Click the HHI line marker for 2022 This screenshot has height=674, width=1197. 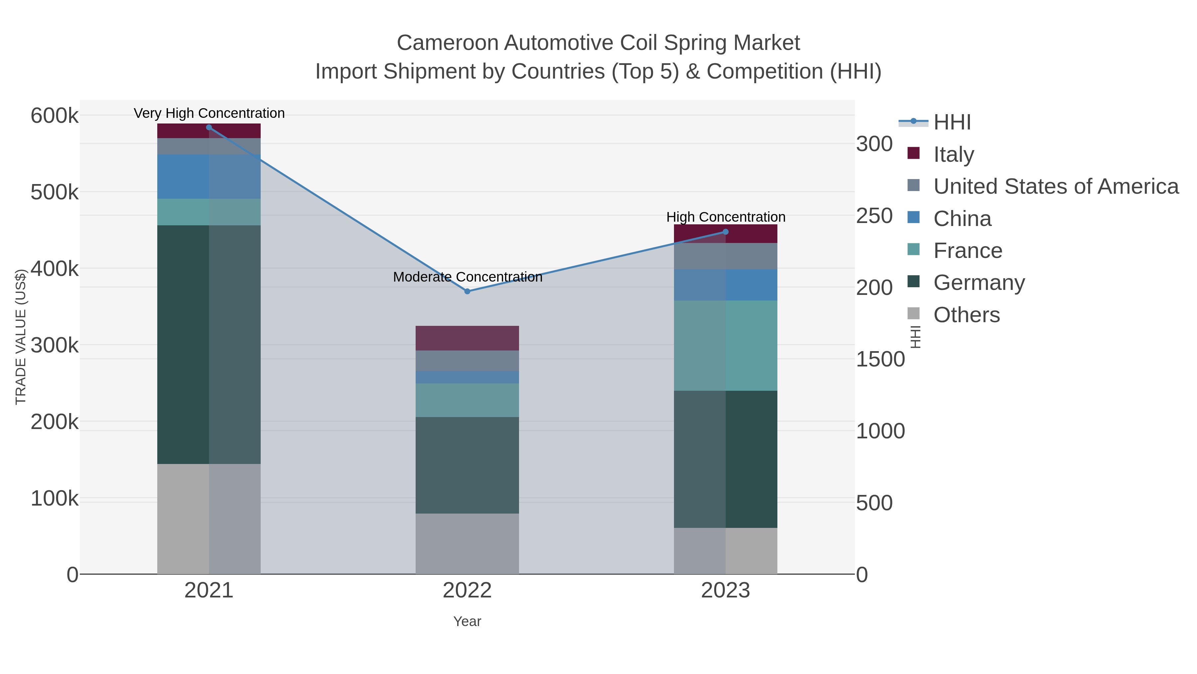pyautogui.click(x=467, y=291)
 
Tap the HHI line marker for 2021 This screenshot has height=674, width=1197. pyautogui.click(x=208, y=127)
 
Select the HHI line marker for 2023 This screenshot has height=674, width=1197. pyautogui.click(x=726, y=232)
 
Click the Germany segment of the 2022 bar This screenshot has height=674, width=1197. pyautogui.click(x=467, y=465)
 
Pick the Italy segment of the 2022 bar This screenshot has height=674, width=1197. pyautogui.click(x=467, y=338)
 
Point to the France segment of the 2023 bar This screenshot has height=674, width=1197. pyautogui.click(x=726, y=345)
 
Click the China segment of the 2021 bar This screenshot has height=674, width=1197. pyautogui.click(x=208, y=177)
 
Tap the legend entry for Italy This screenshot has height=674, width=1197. pyautogui.click(x=954, y=154)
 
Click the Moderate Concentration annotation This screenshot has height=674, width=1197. pyautogui.click(x=467, y=277)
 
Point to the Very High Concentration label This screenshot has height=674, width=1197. pyautogui.click(x=209, y=113)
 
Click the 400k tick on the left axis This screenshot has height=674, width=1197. pyautogui.click(x=55, y=268)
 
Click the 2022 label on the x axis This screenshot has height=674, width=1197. pyautogui.click(x=467, y=591)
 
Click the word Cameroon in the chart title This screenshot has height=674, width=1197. pyautogui.click(x=448, y=43)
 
